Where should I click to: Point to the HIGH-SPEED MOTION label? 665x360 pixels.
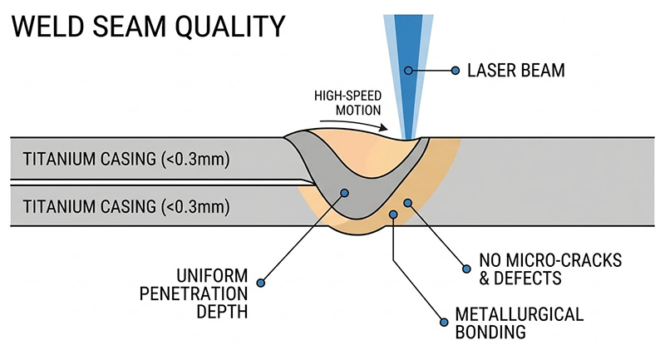tap(347, 102)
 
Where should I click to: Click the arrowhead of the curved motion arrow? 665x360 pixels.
tap(384, 127)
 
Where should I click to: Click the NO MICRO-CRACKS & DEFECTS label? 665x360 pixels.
tap(549, 269)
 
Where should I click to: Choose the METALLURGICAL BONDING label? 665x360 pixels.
tap(519, 324)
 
